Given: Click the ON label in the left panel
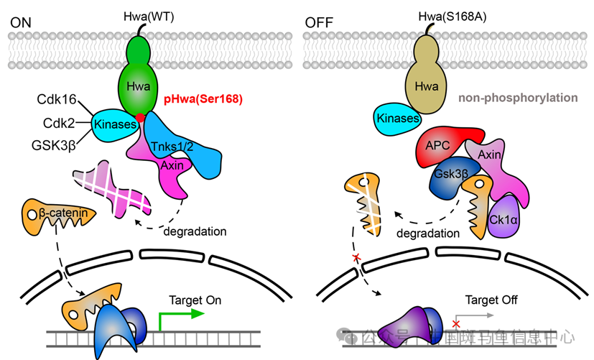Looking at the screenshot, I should (22, 22).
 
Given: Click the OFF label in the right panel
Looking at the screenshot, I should (320, 22).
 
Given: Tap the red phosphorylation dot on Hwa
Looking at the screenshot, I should (141, 117).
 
